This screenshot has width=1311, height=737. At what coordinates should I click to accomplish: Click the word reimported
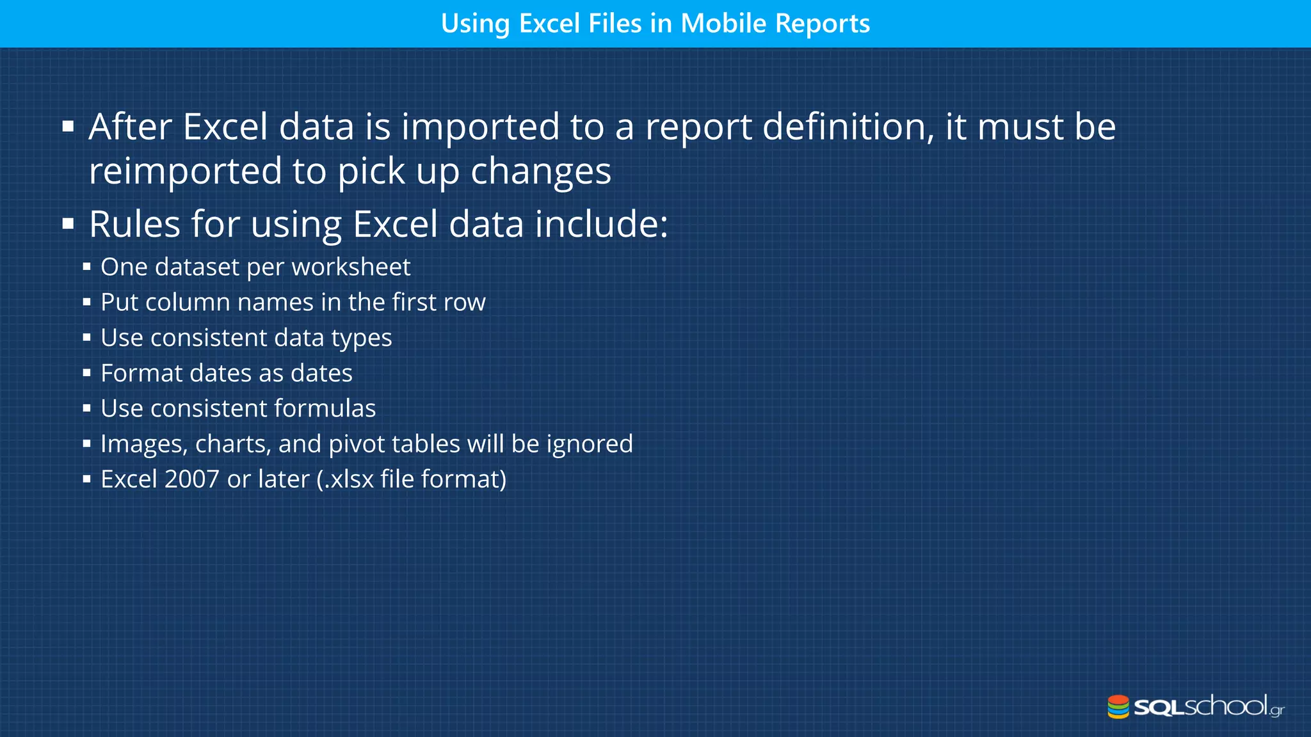click(185, 171)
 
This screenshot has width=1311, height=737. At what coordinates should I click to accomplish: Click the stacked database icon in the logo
click(1118, 707)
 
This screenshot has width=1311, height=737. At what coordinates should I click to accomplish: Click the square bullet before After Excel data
click(68, 127)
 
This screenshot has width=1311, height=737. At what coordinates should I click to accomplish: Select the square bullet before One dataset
click(87, 267)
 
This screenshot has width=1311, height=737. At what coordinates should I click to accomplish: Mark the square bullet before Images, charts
click(87, 444)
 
